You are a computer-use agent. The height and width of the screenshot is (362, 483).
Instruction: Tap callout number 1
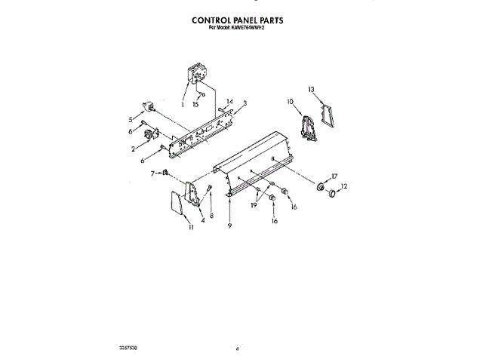183,105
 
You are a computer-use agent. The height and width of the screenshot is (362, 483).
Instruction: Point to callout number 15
195,105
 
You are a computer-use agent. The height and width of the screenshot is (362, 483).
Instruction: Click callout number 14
230,101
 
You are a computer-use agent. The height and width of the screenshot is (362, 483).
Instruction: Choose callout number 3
245,103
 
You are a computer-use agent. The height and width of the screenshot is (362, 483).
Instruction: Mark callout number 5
131,119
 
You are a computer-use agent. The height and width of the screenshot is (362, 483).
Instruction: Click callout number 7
152,173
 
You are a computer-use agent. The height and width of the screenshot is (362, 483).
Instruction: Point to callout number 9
229,226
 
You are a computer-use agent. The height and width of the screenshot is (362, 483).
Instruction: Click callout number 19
254,205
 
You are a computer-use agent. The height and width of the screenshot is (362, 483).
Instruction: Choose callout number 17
334,176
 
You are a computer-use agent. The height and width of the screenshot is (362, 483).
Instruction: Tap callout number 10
290,101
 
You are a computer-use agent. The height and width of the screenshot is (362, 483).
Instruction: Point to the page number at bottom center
237,350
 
